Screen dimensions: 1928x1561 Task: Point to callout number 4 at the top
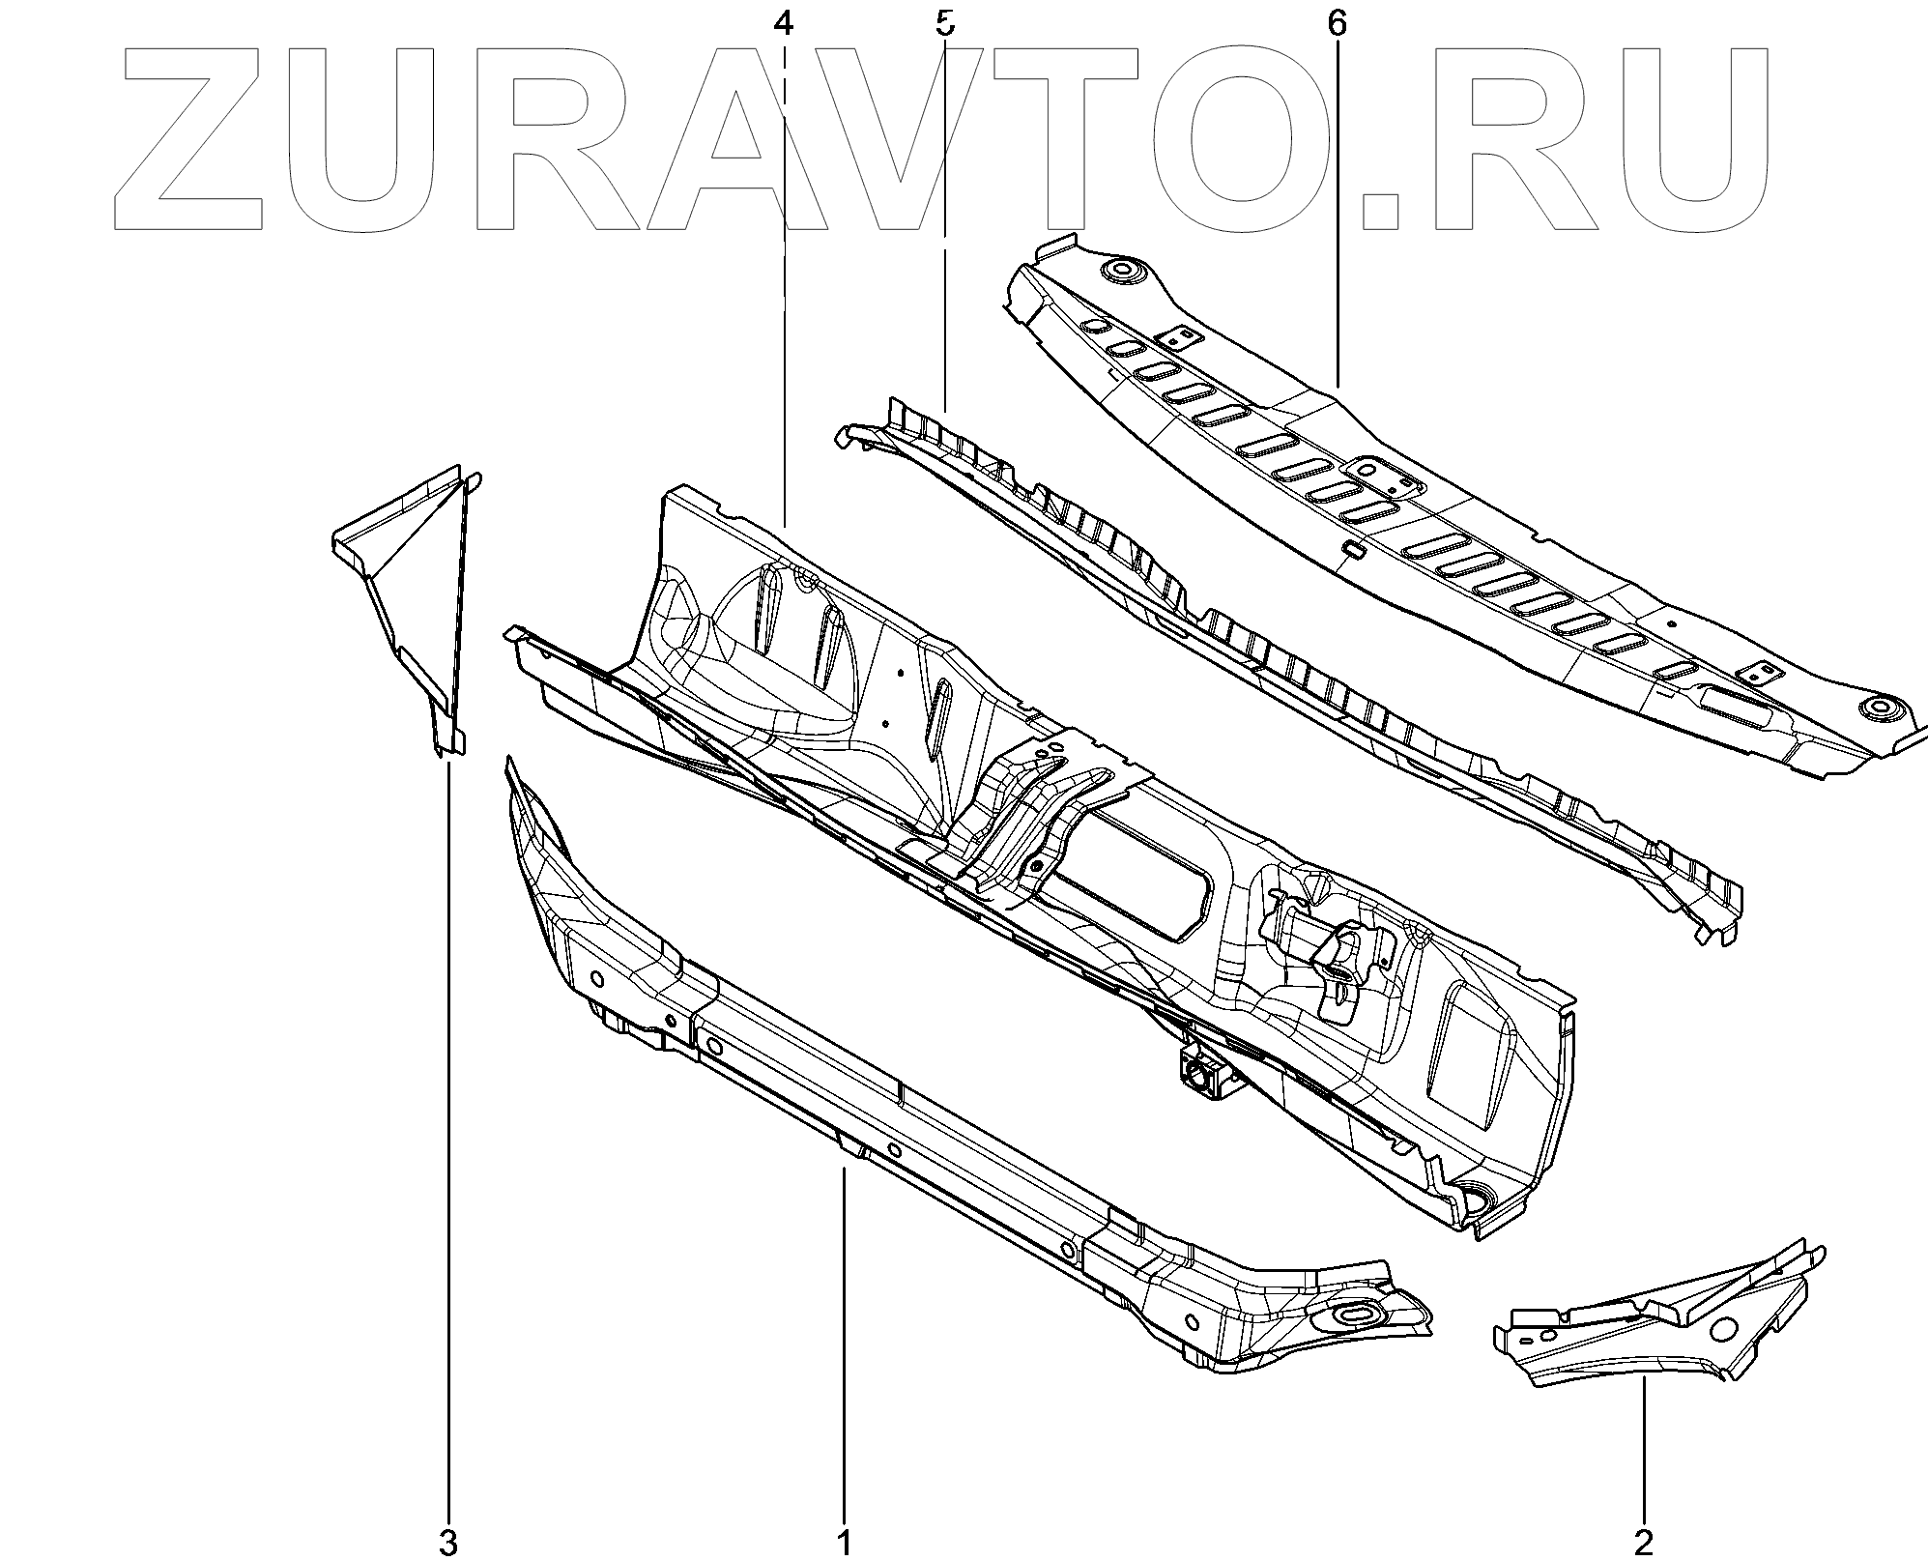point(784,23)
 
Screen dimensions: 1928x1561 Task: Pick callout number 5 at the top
point(944,23)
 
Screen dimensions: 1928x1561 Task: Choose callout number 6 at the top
point(1337,23)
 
